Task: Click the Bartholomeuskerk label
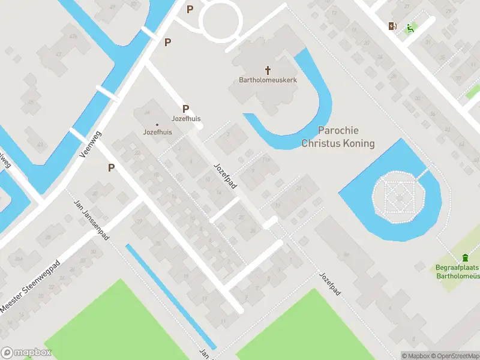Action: click(268, 80)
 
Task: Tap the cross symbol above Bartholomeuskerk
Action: click(268, 70)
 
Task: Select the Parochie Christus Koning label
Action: click(338, 137)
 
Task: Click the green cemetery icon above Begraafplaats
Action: click(464, 257)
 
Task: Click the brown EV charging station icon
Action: click(392, 26)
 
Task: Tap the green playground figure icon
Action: click(410, 27)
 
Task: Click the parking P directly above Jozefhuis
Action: click(186, 109)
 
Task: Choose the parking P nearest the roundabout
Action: click(190, 9)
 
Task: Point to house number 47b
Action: click(73, 37)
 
